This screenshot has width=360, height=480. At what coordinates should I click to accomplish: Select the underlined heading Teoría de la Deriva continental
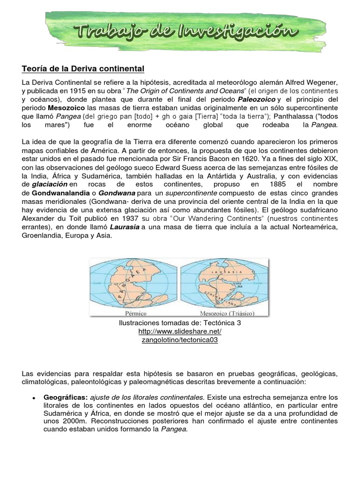83,69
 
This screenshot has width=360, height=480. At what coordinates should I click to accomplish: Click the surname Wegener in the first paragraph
323,82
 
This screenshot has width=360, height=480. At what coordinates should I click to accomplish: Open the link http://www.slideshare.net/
180,331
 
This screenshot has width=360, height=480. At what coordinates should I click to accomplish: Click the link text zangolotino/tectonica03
180,340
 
